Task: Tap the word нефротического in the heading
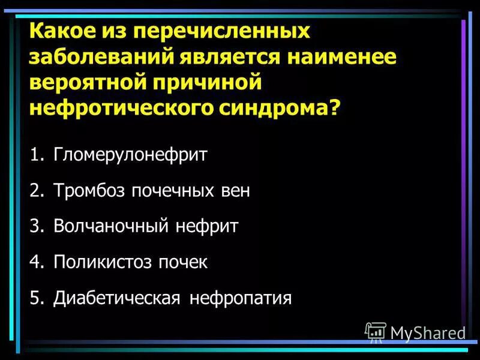pos(116,110)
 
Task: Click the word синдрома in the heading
pos(278,110)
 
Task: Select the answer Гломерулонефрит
pos(130,155)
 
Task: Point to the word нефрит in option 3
pos(207,226)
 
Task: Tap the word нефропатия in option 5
pos(241,298)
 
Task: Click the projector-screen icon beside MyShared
pos(376,332)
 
